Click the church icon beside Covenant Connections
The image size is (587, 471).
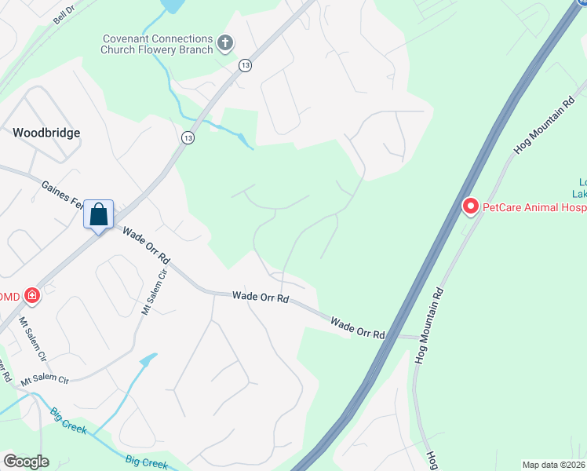[x=225, y=43]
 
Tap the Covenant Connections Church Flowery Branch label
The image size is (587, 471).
[x=157, y=44]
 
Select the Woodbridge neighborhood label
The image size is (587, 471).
[x=46, y=133]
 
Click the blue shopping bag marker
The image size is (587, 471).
[x=99, y=214]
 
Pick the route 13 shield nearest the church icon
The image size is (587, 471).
[x=246, y=65]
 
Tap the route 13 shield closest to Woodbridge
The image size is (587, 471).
[x=187, y=137]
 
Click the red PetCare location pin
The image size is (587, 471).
[x=471, y=206]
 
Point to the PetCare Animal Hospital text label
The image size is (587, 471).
[x=534, y=207]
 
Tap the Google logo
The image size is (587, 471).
[x=26, y=462]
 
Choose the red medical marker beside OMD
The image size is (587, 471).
[x=31, y=295]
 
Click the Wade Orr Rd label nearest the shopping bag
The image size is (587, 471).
[x=146, y=246]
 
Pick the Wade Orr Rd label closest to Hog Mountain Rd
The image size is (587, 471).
[x=357, y=327]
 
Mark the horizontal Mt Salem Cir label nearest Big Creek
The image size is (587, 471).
[x=45, y=379]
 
